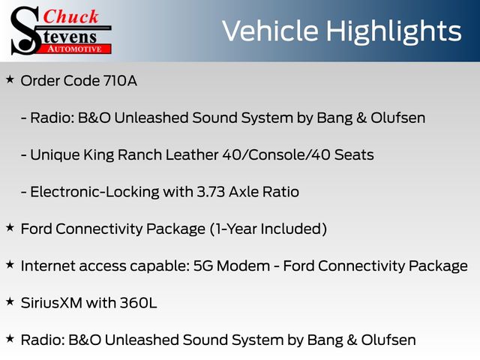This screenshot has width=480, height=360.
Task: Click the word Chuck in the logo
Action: [x=70, y=16]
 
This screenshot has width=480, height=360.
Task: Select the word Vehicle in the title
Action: [x=270, y=31]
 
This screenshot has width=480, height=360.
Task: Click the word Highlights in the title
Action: [x=393, y=31]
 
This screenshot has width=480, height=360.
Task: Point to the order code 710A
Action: [x=120, y=81]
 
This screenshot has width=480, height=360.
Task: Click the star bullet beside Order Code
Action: [x=10, y=79]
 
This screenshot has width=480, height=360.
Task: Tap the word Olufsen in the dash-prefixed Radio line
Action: [x=398, y=118]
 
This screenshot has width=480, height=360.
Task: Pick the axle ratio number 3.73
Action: [x=211, y=192]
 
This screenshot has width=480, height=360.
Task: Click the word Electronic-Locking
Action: [x=95, y=193]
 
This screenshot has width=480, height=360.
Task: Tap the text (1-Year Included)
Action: [x=268, y=229]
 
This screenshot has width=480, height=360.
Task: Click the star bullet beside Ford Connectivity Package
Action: [x=10, y=228]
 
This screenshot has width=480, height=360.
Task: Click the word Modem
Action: [x=243, y=266]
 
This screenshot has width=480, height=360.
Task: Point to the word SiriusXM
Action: [x=52, y=303]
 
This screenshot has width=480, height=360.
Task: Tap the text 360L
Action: [x=138, y=303]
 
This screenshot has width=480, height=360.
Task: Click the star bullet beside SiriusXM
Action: [x=10, y=301]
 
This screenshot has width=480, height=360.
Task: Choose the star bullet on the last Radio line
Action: [x=10, y=339]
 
